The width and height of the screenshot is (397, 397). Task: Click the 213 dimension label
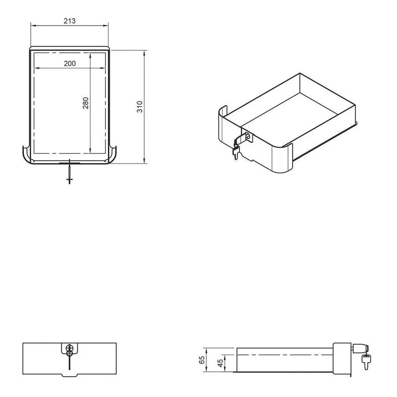70,21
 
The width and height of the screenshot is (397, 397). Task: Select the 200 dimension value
70,63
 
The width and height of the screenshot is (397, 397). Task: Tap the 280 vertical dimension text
86,103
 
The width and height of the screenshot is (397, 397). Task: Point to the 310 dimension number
140,107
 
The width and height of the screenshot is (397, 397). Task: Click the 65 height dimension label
202,360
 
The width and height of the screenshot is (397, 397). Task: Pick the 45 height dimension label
220,363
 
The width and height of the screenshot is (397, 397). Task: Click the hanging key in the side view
366,362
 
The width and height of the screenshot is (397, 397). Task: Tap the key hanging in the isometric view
236,153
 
